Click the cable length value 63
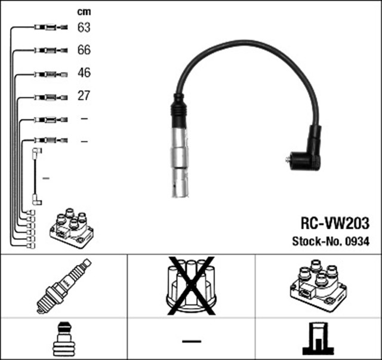pyautogui.click(x=84, y=27)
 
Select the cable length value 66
pyautogui.click(x=84, y=50)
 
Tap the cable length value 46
pyautogui.click(x=84, y=73)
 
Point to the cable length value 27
pyautogui.click(x=84, y=96)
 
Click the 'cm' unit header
pyautogui.click(x=84, y=12)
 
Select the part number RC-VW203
pyautogui.click(x=335, y=223)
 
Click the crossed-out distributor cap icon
pyautogui.click(x=191, y=285)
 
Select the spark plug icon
pyautogui.click(x=64, y=286)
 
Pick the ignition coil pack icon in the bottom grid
pyautogui.click(x=318, y=285)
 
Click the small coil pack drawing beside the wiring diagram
pyautogui.click(x=72, y=228)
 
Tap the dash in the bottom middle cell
pyautogui.click(x=192, y=341)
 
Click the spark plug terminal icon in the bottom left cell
pyautogui.click(x=64, y=339)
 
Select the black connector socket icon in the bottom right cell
pyautogui.click(x=318, y=339)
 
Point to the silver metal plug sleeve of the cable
pyautogui.click(x=180, y=162)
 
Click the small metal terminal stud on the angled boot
pyautogui.click(x=288, y=159)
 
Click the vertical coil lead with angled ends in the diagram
pyautogui.click(x=35, y=177)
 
